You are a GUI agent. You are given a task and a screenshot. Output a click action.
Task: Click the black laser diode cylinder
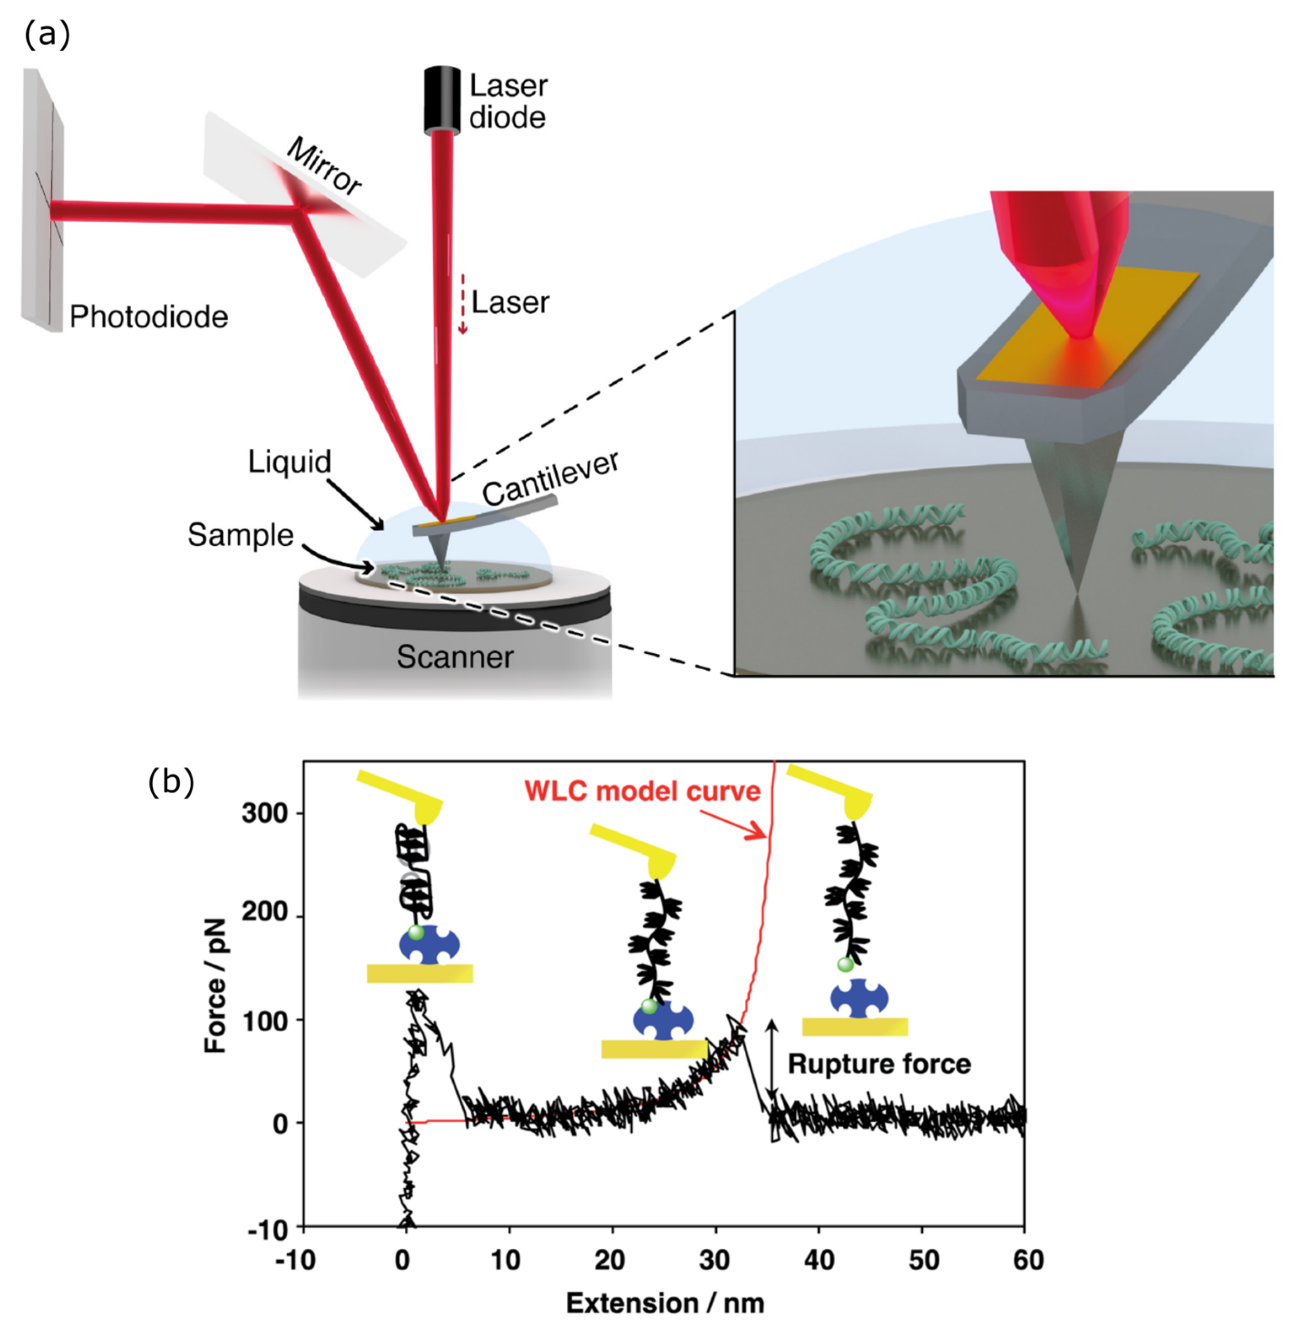pos(442,98)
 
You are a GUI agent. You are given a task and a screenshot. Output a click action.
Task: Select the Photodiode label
pos(148,317)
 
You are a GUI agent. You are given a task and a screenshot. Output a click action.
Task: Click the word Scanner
pos(455,656)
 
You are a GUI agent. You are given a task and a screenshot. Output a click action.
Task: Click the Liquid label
pos(289,462)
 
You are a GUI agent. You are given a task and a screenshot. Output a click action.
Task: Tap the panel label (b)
pos(171,782)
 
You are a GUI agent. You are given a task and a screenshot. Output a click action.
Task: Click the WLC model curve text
pos(642,791)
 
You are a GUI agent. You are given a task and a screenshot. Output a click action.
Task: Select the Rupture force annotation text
pos(878,1064)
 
